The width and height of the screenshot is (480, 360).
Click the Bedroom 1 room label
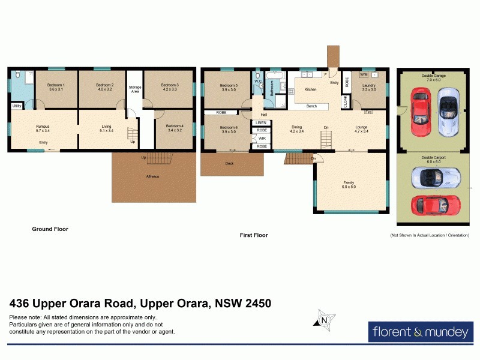point(55,88)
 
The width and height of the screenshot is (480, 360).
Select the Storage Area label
point(135,89)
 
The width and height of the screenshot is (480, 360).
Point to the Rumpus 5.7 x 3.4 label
point(42,128)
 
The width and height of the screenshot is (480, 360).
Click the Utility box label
point(17,106)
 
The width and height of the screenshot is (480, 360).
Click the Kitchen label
point(310,89)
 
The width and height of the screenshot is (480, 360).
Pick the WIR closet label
point(262,138)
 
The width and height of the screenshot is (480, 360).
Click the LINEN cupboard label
point(262,123)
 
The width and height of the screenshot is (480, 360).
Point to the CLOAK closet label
point(345,102)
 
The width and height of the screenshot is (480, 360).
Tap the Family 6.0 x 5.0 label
point(349,184)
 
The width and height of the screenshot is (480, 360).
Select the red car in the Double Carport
point(436,205)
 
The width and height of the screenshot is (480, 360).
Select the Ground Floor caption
point(50,229)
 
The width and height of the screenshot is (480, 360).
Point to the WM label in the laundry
point(364,74)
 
